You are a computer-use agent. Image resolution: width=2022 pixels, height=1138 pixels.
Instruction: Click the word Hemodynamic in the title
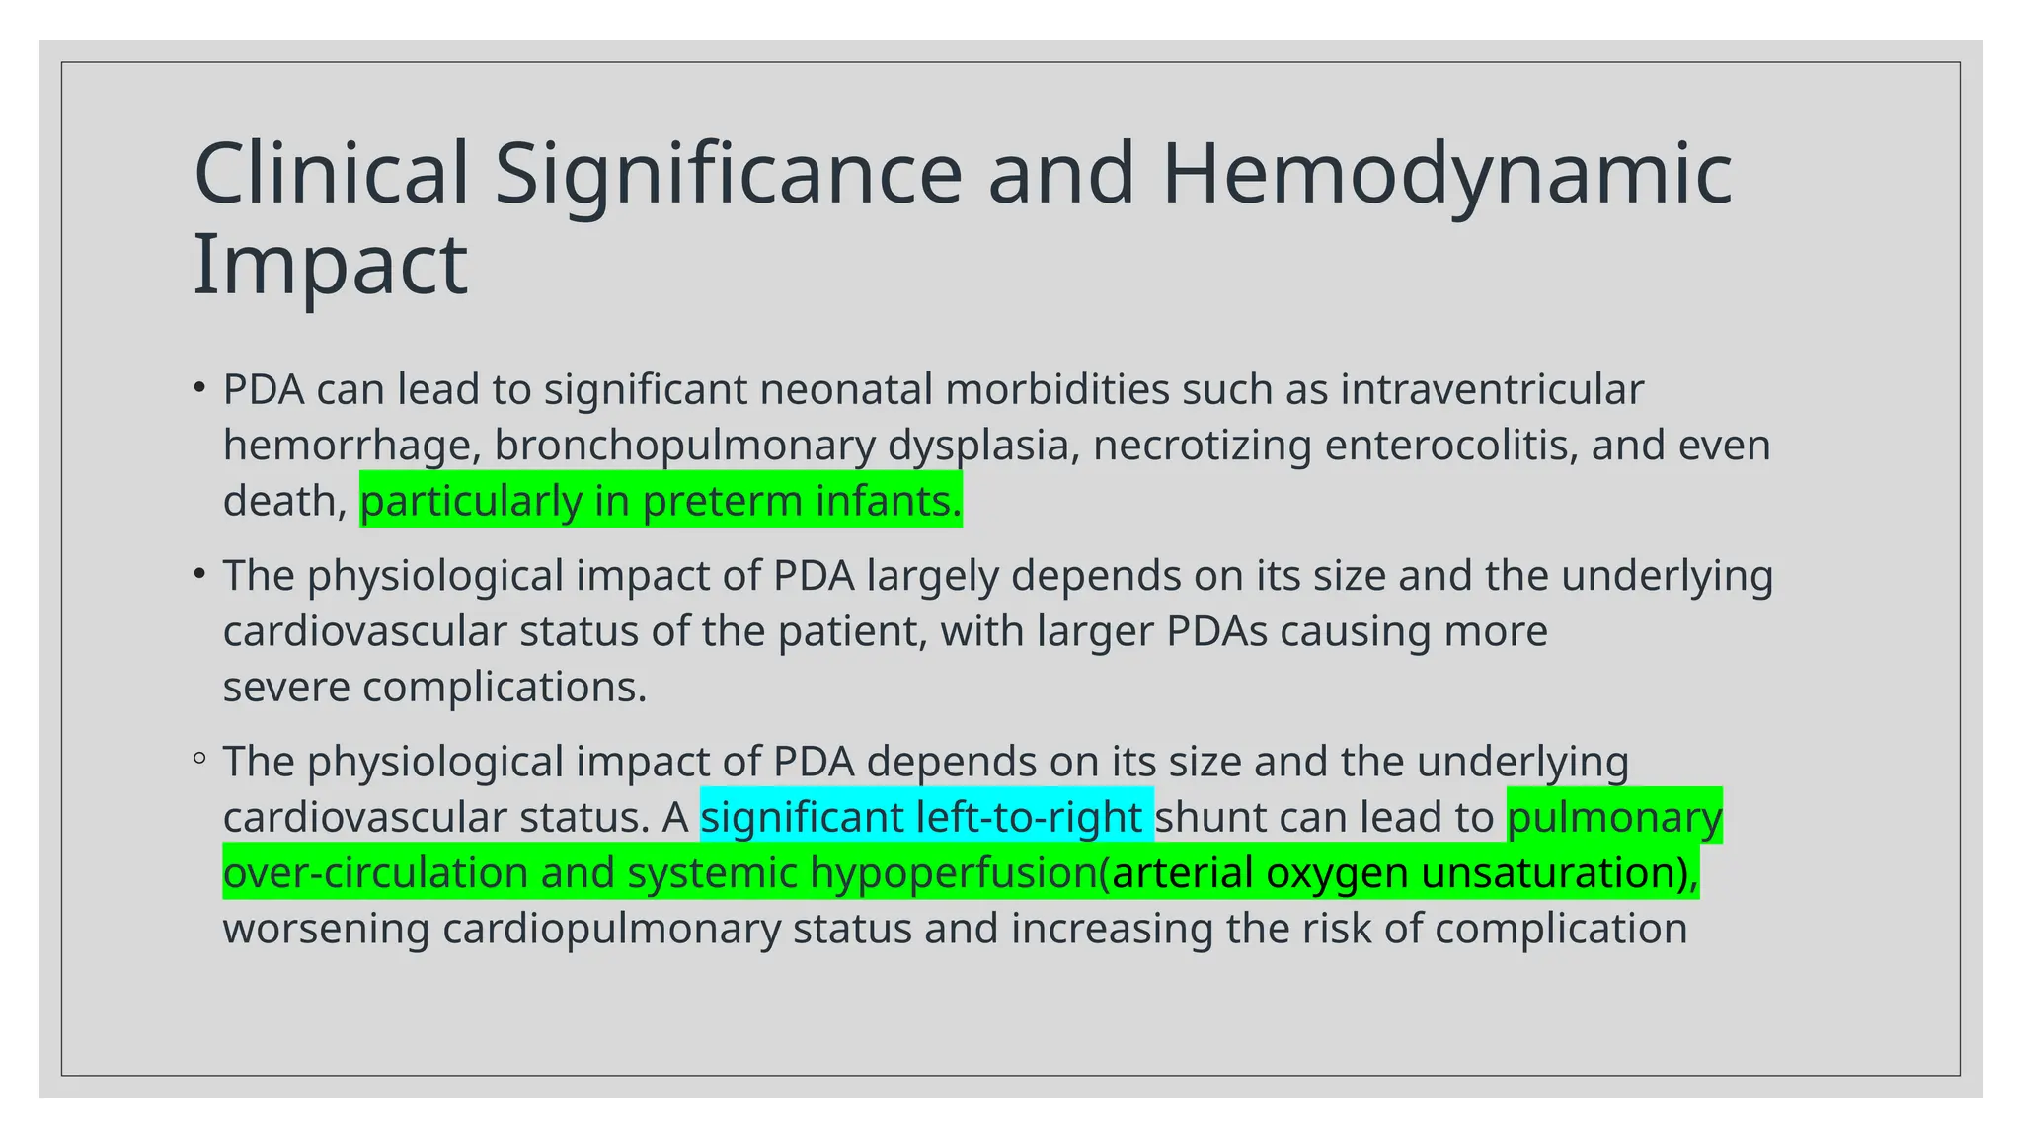(1446, 174)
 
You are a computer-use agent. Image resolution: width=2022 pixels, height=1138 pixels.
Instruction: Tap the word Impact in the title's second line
(330, 265)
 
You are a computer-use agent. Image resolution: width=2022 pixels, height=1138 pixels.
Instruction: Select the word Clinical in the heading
(331, 174)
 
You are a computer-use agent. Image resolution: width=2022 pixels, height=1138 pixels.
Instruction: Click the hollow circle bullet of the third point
(199, 759)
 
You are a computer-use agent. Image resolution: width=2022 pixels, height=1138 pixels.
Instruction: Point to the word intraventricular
(1491, 389)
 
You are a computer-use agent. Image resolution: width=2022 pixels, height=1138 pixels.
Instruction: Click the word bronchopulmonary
(684, 446)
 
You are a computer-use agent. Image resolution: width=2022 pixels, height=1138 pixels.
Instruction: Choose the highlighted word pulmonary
(1614, 818)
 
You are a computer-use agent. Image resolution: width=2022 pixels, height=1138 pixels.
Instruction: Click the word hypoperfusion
(954, 873)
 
